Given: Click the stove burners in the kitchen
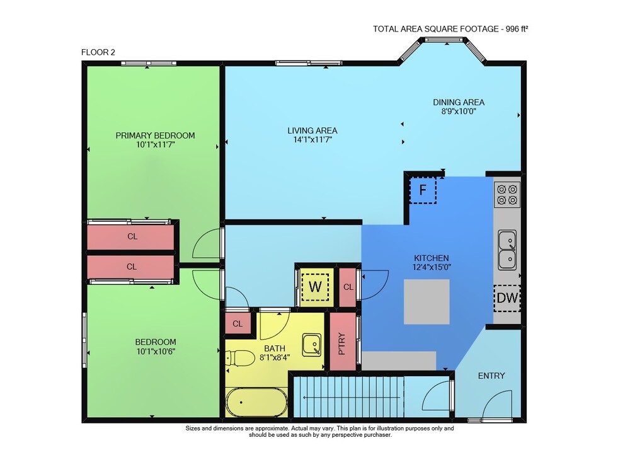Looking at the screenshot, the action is coord(507,195).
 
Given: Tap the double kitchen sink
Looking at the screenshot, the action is coord(507,250).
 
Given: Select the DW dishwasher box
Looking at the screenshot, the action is coord(507,298).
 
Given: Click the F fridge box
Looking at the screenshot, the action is coord(423,190).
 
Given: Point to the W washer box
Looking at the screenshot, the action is coord(316,287).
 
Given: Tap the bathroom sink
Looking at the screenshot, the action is coord(312,345).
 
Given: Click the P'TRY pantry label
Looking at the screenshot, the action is coord(342,343).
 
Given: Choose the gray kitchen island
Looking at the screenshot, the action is coord(427,301).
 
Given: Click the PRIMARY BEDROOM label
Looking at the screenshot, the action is coord(155,135).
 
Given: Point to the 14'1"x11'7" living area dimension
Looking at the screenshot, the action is coord(312,140).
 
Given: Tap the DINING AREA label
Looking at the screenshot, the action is coord(459,102).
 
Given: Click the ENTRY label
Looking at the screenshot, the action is coord(491,376).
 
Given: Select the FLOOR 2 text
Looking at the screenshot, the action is coord(98,52).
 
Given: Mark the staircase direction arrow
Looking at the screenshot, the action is coord(352,398).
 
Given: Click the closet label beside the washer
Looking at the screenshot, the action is coord(348,287).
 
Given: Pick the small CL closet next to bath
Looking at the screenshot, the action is coord(238,323).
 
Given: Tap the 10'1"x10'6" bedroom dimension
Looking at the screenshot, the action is coord(156,352).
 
